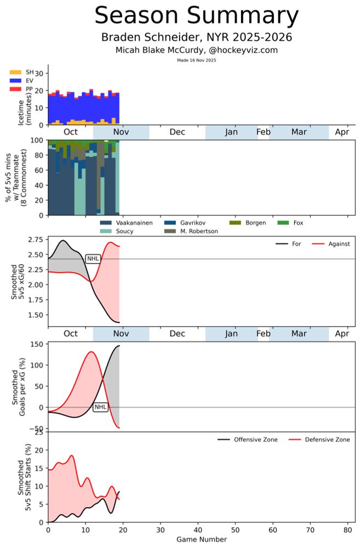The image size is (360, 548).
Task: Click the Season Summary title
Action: (196, 16)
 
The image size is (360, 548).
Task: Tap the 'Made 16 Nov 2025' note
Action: (196, 60)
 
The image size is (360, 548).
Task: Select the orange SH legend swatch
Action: (16, 72)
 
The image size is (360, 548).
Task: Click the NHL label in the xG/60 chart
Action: (93, 259)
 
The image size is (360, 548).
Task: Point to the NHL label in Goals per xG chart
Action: (100, 407)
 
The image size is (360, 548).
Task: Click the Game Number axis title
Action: (201, 540)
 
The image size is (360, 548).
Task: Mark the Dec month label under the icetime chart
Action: (177, 133)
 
